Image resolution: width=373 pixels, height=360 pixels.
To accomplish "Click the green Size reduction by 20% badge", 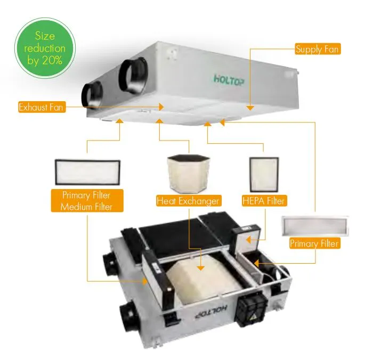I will pos(45,49).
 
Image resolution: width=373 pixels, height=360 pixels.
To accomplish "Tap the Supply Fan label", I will pos(317,49).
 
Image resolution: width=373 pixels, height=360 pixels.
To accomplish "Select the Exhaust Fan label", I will pos(42,107).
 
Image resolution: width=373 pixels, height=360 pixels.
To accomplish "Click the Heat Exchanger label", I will pos(189,201).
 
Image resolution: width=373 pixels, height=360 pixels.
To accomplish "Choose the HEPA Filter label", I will pos(264,201).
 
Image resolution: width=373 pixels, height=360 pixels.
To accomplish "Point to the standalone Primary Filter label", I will pos(314,243).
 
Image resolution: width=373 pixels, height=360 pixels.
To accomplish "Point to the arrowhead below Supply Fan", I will pos(249,108).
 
